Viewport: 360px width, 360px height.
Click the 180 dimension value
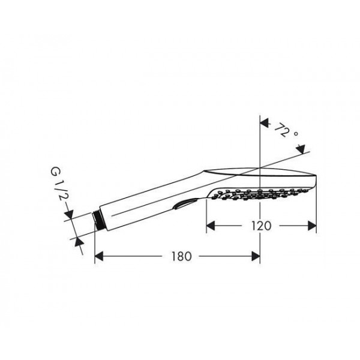(181, 256)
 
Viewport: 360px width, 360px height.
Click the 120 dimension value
(261, 226)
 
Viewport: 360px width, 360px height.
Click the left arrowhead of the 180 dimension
(99, 256)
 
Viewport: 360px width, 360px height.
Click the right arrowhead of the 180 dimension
(256, 256)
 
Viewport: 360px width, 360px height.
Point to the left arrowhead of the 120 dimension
(211, 226)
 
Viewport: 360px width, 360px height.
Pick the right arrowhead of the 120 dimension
(312, 226)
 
